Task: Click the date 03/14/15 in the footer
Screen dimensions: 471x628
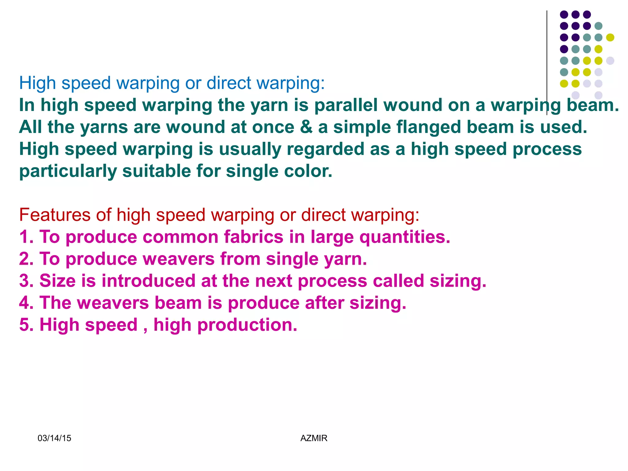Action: pos(54,438)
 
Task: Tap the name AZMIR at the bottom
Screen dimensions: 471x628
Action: pos(314,438)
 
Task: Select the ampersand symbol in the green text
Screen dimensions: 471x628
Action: pos(306,127)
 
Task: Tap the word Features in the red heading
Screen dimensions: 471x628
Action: pos(55,215)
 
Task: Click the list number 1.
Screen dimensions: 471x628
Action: pos(26,237)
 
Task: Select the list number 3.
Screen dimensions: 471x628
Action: pos(26,281)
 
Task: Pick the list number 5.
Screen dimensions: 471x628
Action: pos(26,325)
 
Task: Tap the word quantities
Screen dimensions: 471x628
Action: pos(404,237)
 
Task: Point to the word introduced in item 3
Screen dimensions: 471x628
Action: pos(148,281)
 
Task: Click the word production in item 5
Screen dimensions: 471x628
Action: pos(247,325)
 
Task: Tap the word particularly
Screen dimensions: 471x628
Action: pos(68,171)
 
